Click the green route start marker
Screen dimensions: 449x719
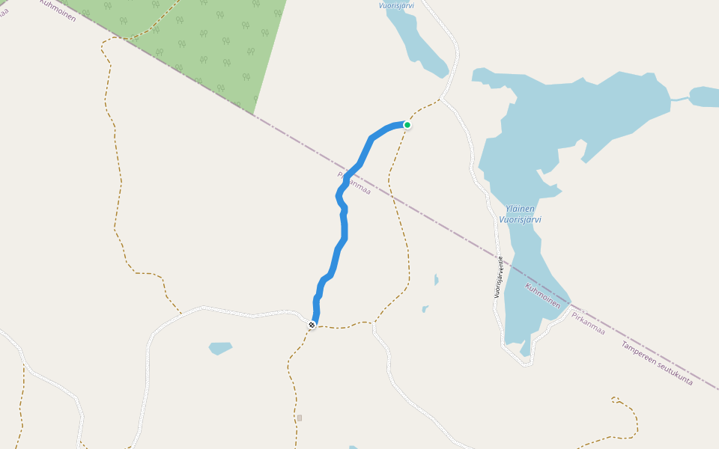pos(407,125)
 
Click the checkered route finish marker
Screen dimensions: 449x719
pos(312,324)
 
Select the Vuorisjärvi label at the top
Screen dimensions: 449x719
pos(396,5)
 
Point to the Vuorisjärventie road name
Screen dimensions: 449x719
pos(498,278)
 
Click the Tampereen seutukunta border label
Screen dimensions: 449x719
pos(657,364)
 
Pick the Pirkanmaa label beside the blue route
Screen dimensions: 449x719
pos(354,183)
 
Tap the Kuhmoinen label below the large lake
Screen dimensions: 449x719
pos(543,296)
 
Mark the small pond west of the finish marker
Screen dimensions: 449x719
pos(220,348)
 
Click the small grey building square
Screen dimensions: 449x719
pos(300,418)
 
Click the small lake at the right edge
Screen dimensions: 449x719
pos(705,97)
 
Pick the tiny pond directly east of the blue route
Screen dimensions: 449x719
pos(436,280)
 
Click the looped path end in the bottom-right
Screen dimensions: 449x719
pos(615,399)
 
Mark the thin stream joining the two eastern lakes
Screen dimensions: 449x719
pos(679,99)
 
